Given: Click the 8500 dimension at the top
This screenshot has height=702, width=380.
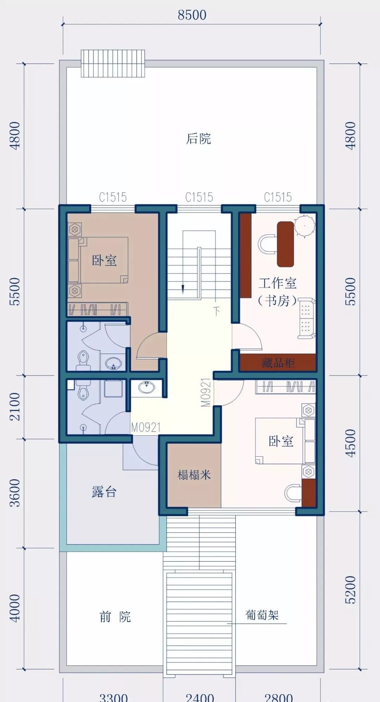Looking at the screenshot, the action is [x=192, y=15].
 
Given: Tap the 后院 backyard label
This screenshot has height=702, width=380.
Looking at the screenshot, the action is [x=198, y=138].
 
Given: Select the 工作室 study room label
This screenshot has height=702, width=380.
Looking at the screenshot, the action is [x=278, y=283].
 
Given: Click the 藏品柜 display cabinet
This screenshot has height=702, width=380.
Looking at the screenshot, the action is [x=278, y=363].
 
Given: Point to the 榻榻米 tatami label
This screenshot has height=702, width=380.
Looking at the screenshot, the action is [x=194, y=475].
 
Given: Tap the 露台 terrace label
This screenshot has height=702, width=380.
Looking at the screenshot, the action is [x=104, y=492].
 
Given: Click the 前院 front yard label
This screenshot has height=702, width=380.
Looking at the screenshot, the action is [x=115, y=616].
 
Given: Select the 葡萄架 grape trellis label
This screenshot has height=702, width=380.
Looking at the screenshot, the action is [x=262, y=615].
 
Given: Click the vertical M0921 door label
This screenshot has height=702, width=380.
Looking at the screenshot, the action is [x=206, y=392].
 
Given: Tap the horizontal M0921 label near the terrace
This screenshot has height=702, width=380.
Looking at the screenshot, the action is [x=146, y=427].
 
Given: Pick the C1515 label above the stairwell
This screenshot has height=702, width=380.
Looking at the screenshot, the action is [x=199, y=197].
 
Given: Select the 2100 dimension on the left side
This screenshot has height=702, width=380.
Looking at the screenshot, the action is [x=15, y=407].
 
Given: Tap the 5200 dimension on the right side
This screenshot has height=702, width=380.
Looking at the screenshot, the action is [x=350, y=590].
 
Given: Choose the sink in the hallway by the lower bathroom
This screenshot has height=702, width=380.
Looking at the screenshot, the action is [x=147, y=387].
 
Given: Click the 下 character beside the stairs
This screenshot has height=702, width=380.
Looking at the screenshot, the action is [x=216, y=310].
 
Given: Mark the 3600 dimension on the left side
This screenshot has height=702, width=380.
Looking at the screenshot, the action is [x=15, y=493].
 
